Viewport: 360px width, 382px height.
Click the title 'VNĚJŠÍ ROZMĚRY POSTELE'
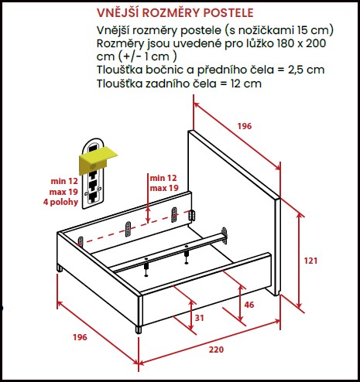pyautogui.click(x=175, y=13)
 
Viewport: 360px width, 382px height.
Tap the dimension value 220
pyautogui.click(x=216, y=350)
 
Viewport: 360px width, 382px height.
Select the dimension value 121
pyautogui.click(x=310, y=261)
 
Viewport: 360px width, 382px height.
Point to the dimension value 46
pyautogui.click(x=249, y=305)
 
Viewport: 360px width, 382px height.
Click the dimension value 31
pyautogui.click(x=199, y=318)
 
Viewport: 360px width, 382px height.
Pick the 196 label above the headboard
pyautogui.click(x=245, y=126)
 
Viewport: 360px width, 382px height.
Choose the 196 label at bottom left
pyautogui.click(x=80, y=337)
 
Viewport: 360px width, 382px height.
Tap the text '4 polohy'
pyautogui.click(x=60, y=202)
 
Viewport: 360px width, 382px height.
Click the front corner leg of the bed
pyautogui.click(x=139, y=329)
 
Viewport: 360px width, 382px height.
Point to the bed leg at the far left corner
pyautogui.click(x=60, y=268)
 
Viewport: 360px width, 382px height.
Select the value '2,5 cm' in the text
pyautogui.click(x=306, y=70)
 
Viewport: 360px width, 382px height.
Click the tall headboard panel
pyautogui.click(x=234, y=211)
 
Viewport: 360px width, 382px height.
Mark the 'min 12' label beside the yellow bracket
pyautogui.click(x=64, y=181)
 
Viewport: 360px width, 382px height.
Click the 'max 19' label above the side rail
pyautogui.click(x=164, y=188)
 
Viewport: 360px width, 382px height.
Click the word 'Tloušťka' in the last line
pyautogui.click(x=119, y=84)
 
